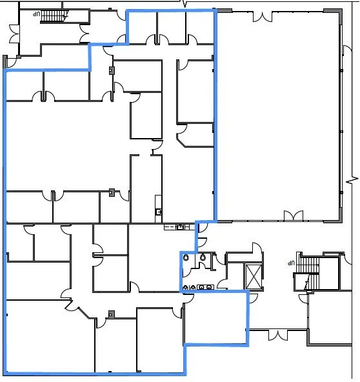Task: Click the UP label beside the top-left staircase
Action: pyautogui.click(x=37, y=14)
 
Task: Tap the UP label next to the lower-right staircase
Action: pyautogui.click(x=291, y=263)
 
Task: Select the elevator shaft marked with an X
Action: pyautogui.click(x=254, y=277)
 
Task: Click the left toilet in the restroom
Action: pyautogui.click(x=186, y=257)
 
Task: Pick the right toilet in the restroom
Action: pyautogui.click(x=203, y=257)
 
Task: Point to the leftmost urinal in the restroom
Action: pyautogui.click(x=185, y=287)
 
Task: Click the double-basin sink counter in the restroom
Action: pyautogui.click(x=205, y=287)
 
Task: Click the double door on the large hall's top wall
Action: pyautogui.click(x=263, y=17)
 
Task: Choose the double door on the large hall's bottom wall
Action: pyautogui.click(x=294, y=216)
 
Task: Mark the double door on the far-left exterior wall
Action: pyautogui.click(x=14, y=34)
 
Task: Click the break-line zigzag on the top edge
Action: pyautogui.click(x=185, y=3)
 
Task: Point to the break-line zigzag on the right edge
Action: pyautogui.click(x=352, y=181)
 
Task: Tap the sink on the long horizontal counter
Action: pyautogui.click(x=180, y=227)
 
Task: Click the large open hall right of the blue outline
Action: pyautogui.click(x=277, y=116)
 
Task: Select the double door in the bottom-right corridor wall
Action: pyautogui.click(x=277, y=335)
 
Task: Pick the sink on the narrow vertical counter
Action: pyautogui.click(x=158, y=212)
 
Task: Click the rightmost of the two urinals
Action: pyautogui.click(x=193, y=287)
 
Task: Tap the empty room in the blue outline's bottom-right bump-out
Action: pyautogui.click(x=215, y=318)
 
